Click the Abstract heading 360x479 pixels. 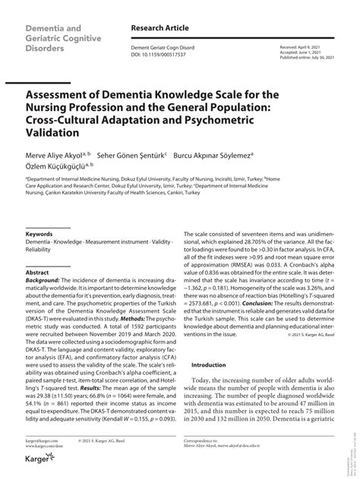37,272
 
